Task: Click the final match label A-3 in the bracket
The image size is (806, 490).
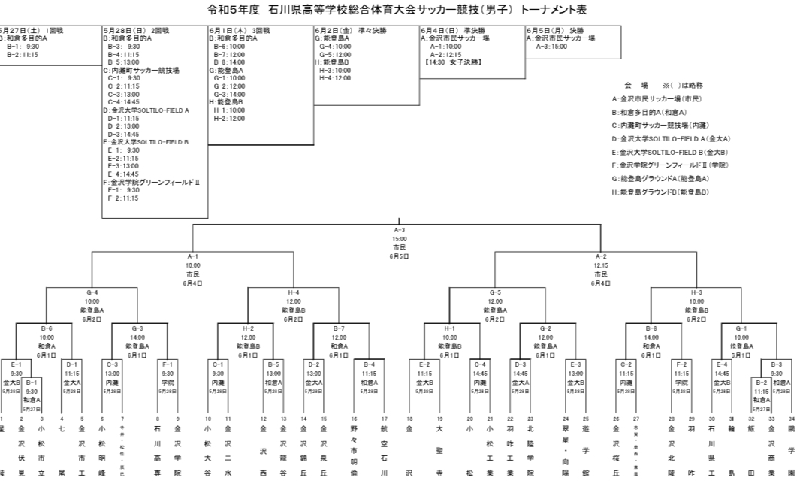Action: pyautogui.click(x=399, y=230)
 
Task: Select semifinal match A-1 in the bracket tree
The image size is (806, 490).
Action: pyautogui.click(x=192, y=256)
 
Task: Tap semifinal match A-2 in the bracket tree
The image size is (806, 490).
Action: pyautogui.click(x=600, y=256)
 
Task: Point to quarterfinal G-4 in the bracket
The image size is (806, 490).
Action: pyautogui.click(x=92, y=292)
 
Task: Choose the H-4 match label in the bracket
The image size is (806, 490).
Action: pyautogui.click(x=294, y=292)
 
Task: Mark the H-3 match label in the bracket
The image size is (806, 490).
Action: pyautogui.click(x=696, y=292)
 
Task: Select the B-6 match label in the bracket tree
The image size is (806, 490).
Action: pyautogui.click(x=47, y=328)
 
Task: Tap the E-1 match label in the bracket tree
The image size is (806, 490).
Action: pyautogui.click(x=17, y=364)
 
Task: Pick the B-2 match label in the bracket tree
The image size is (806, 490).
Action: pyautogui.click(x=761, y=382)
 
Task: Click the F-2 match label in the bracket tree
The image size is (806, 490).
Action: pyautogui.click(x=681, y=364)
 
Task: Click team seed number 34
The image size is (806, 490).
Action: pyautogui.click(x=791, y=419)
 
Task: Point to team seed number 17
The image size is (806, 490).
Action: pyautogui.click(x=384, y=419)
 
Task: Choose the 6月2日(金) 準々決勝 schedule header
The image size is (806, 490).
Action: pyautogui.click(x=349, y=30)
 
